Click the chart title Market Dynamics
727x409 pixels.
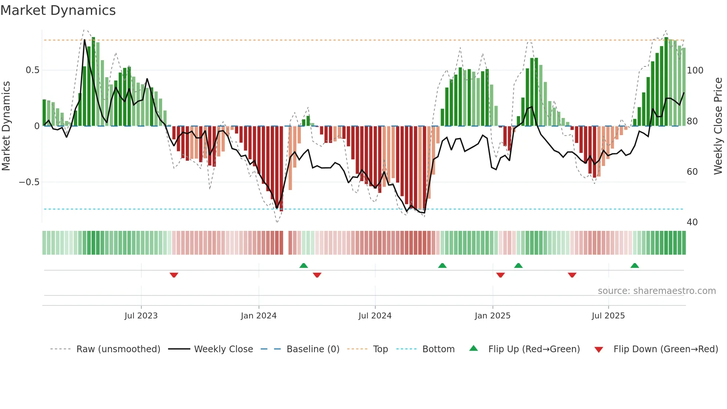(x=58, y=10)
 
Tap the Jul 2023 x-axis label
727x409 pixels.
(x=141, y=316)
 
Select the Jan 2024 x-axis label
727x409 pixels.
(x=259, y=316)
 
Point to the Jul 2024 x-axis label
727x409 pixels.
(x=375, y=316)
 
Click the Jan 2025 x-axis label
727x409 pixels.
(x=493, y=316)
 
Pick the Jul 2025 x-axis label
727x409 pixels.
(x=608, y=316)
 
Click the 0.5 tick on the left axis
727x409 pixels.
(x=32, y=70)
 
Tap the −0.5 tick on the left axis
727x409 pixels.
(x=29, y=182)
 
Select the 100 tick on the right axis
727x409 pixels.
(x=695, y=71)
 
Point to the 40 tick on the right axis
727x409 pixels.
(x=692, y=222)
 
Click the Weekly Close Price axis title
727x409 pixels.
(x=718, y=126)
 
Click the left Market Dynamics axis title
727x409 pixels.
(x=6, y=126)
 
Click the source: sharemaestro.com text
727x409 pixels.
(x=657, y=291)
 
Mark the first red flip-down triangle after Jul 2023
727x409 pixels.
(x=174, y=275)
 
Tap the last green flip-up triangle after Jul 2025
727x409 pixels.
(x=635, y=265)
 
